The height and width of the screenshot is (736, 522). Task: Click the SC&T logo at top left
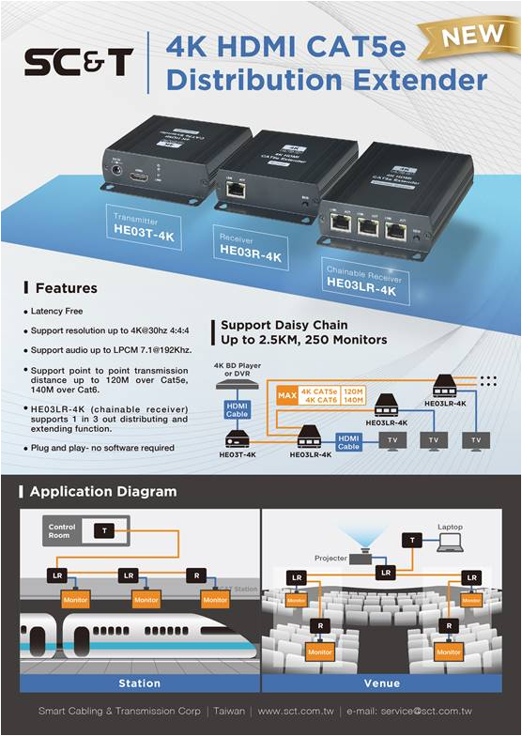(x=79, y=63)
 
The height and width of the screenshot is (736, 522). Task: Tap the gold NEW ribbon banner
(x=466, y=37)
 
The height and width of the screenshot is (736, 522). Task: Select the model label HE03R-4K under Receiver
(x=250, y=251)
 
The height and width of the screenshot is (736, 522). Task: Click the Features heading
(x=66, y=287)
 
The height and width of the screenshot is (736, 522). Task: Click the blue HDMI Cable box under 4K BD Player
(x=237, y=409)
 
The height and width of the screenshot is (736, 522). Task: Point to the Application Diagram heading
(x=102, y=491)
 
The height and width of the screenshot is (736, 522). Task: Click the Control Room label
(x=62, y=531)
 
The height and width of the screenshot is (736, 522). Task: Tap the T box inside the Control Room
(x=105, y=531)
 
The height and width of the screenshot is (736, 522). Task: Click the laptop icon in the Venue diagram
(x=450, y=542)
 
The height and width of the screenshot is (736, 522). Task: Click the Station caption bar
(x=137, y=682)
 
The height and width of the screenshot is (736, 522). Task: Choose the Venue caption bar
(x=381, y=682)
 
